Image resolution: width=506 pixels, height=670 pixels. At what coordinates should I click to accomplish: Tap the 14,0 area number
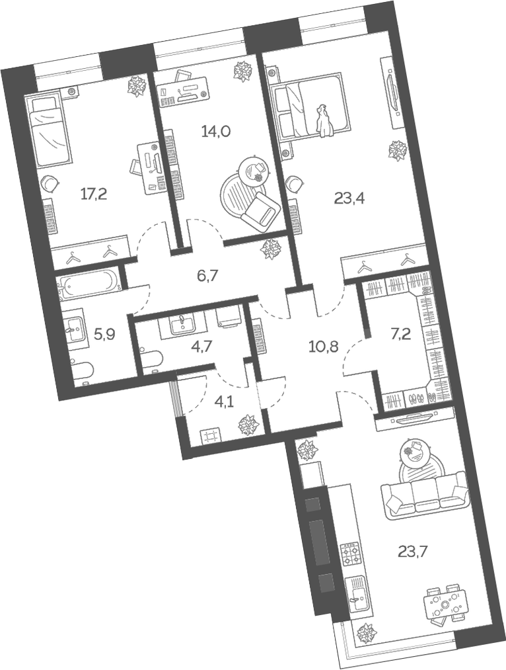pos(215,132)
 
